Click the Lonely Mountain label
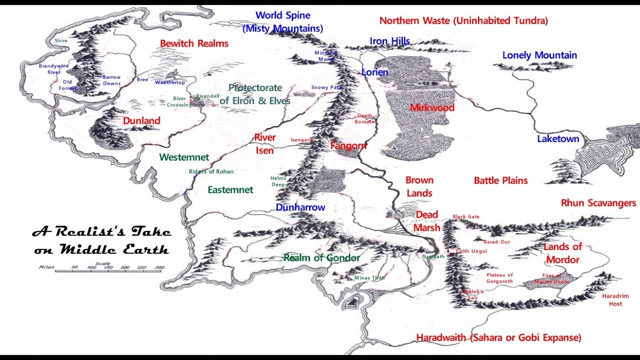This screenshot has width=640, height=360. [539, 55]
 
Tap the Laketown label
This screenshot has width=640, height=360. [558, 139]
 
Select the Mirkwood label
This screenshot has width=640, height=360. [432, 107]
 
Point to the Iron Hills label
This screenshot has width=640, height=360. [390, 41]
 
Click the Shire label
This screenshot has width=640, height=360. [61, 40]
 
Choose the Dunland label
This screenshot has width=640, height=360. [141, 120]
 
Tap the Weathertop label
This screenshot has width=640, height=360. [170, 82]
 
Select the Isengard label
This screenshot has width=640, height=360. [301, 140]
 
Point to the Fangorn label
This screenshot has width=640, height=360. [348, 146]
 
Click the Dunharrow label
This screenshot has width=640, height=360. [300, 207]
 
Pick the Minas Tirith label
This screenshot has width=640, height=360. [369, 278]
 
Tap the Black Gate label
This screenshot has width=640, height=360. [466, 216]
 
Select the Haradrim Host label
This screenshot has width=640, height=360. [615, 300]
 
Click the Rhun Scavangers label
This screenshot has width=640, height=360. [598, 203]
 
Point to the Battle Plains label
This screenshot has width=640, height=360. [500, 180]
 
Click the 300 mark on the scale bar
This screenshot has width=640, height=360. [159, 267]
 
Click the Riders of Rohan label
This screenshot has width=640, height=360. [211, 171]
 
